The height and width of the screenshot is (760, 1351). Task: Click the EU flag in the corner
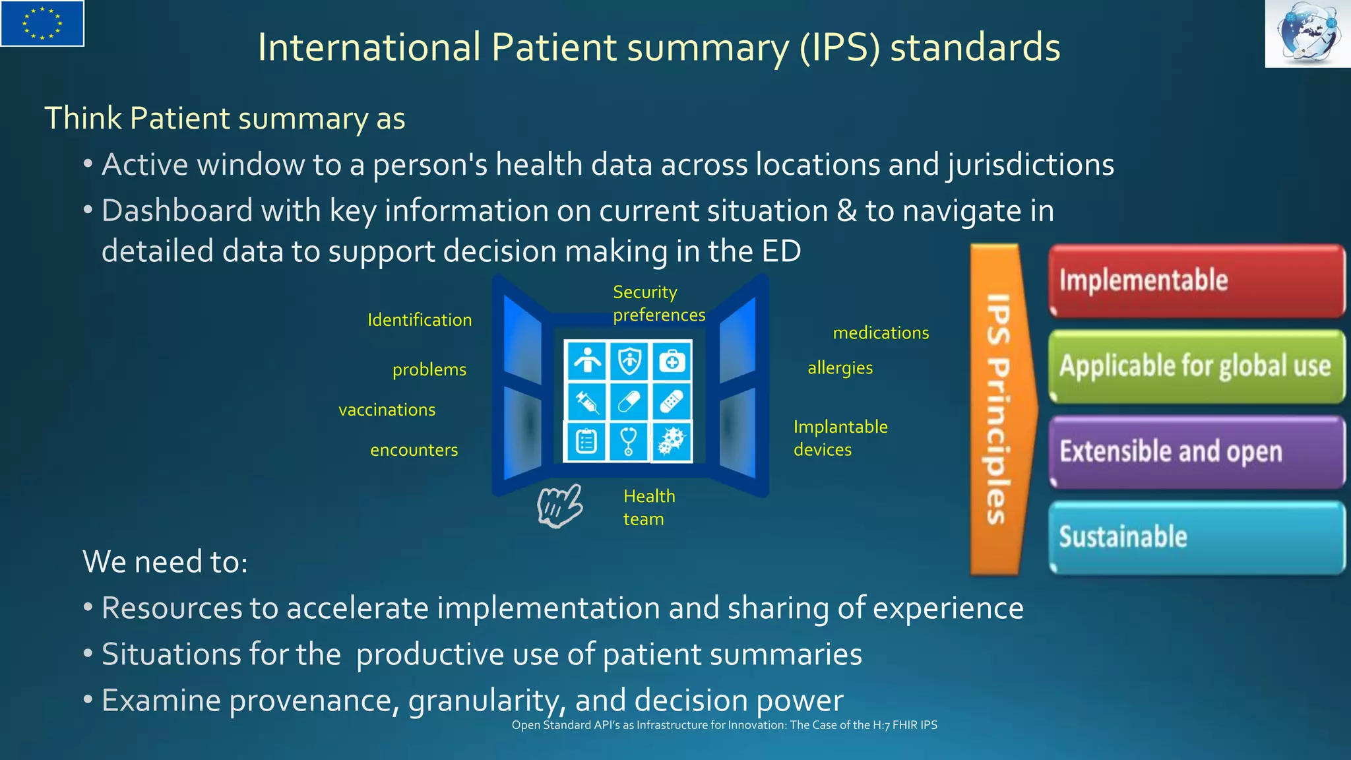(x=42, y=24)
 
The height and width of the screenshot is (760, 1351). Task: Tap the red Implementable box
(x=1196, y=280)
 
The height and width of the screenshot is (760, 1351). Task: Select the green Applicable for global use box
(x=1196, y=366)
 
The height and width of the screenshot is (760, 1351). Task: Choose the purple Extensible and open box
(x=1196, y=452)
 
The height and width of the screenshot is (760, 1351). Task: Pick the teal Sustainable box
(x=1196, y=537)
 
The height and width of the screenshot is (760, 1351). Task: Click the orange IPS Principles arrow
(x=999, y=409)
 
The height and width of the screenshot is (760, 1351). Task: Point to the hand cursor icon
(x=559, y=506)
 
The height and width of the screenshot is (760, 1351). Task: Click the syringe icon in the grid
(x=586, y=401)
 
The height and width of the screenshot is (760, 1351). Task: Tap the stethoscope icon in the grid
(x=629, y=441)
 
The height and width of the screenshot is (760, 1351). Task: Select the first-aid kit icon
(x=672, y=361)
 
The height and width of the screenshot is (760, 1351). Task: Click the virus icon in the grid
(x=672, y=441)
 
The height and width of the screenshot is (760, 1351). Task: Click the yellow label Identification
(x=420, y=320)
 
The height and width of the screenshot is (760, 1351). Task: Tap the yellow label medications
(x=881, y=333)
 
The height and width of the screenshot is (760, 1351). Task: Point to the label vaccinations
(x=387, y=410)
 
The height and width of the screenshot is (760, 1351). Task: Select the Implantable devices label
(x=840, y=438)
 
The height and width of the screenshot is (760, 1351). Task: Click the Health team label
(x=648, y=507)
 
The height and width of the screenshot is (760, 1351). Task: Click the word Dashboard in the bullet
(x=177, y=211)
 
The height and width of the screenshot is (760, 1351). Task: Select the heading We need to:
(x=165, y=562)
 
